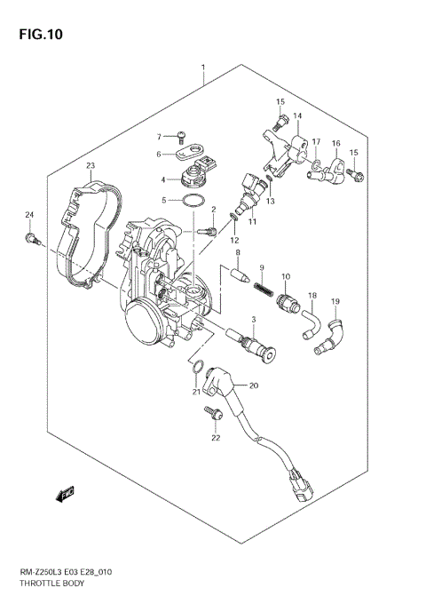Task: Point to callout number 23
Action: tap(90, 166)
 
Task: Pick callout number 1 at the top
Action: tap(203, 68)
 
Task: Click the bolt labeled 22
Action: tap(213, 412)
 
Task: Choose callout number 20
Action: tap(253, 385)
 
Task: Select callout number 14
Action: tap(297, 116)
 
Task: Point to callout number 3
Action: tap(253, 320)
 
